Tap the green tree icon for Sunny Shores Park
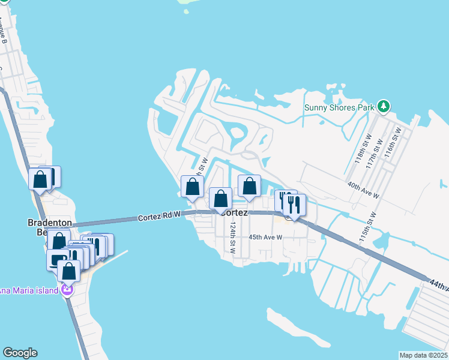coord(384,107)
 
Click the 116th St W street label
coord(393,142)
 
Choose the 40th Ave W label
coord(364,190)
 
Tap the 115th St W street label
coord(366,226)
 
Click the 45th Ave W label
coord(267,237)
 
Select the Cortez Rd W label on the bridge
coord(159,217)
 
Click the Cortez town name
coord(234,212)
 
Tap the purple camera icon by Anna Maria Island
coord(66,291)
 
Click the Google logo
coord(20,353)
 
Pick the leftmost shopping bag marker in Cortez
coord(193,187)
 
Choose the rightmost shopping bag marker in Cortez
coord(249,187)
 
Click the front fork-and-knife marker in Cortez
coord(294,206)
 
